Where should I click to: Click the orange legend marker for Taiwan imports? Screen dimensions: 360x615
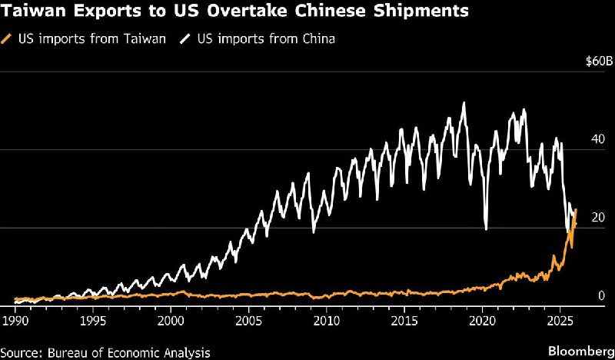coord(8,38)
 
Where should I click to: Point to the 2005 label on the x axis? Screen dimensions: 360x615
coord(248,318)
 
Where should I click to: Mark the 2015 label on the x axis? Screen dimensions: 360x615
coord(404,318)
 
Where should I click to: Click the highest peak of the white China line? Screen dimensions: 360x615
coord(463,103)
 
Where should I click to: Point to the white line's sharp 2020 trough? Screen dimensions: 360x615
coord(486,228)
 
